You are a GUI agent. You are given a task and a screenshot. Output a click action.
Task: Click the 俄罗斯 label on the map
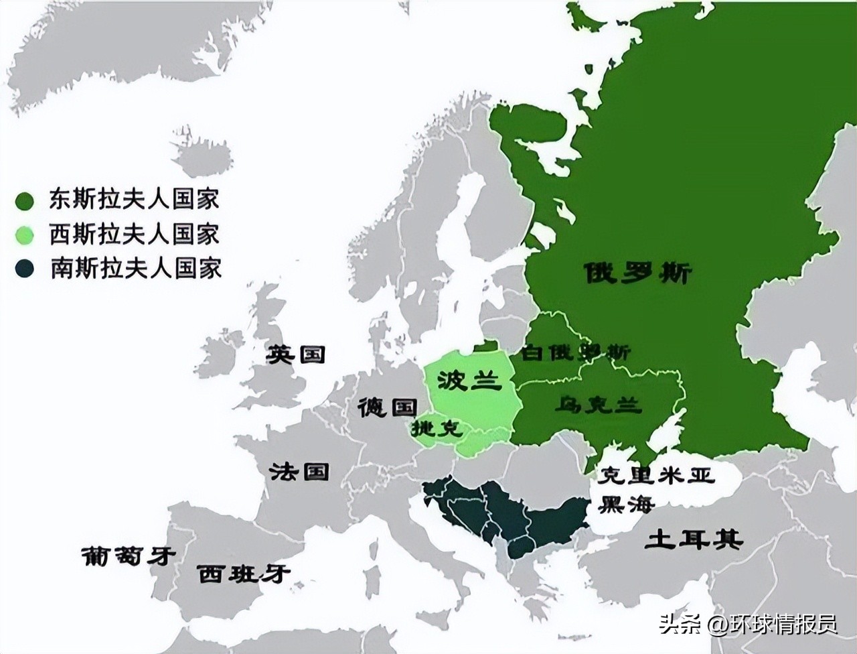637,273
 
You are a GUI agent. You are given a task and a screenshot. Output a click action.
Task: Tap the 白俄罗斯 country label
575,352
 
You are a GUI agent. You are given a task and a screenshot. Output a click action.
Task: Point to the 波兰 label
469,380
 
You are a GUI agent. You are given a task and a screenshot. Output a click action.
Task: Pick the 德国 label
388,406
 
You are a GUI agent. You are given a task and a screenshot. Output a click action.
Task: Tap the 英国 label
296,354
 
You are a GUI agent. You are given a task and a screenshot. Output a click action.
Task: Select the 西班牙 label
244,574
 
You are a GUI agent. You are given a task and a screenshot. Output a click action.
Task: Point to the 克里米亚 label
656,475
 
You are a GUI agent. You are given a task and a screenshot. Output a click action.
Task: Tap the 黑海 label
626,503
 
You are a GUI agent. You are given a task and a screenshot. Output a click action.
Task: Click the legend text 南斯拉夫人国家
135,269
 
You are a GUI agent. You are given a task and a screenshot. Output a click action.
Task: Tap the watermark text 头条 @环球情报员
748,625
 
